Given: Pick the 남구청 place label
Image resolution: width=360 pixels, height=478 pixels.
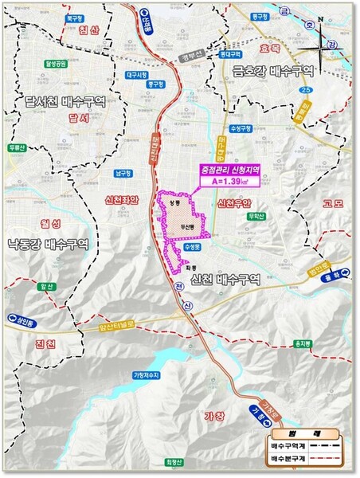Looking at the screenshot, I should (123, 172).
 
